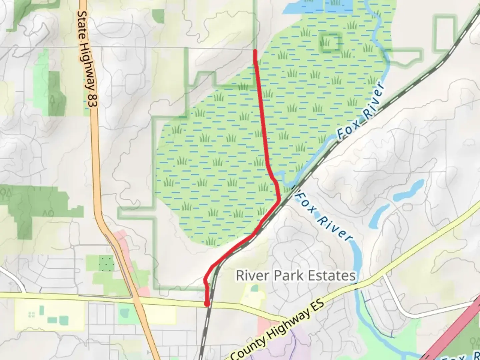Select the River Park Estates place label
click(x=296, y=276)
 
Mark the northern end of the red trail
click(x=255, y=51)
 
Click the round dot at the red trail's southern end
click(x=207, y=304)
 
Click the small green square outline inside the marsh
click(x=331, y=42)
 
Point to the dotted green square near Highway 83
click(x=106, y=263)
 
